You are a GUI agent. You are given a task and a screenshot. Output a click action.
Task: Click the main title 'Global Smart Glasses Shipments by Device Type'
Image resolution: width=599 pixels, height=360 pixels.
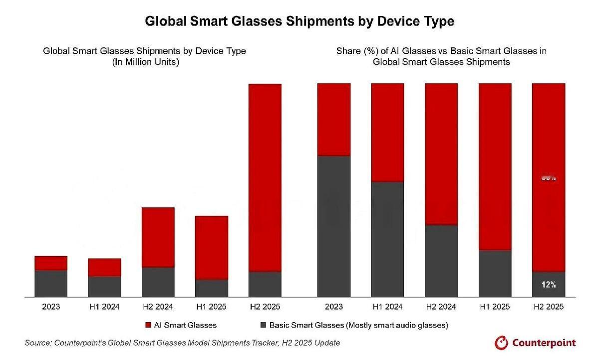299,21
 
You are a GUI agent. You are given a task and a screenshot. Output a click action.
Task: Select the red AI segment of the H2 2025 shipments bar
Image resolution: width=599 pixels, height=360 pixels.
265,177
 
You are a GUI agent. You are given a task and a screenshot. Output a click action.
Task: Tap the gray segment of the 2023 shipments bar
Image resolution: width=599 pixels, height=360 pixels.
51,284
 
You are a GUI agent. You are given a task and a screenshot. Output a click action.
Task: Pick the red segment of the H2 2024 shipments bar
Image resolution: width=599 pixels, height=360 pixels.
158,237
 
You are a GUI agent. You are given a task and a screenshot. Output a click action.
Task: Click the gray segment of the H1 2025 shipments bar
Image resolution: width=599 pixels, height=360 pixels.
211,288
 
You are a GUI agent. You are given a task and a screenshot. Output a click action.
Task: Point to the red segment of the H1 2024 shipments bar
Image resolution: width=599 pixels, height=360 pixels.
104,267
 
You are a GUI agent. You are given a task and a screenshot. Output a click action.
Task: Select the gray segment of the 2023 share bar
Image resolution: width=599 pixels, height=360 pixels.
334,226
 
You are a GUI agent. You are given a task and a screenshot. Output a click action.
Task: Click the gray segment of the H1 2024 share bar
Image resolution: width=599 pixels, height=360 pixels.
387,239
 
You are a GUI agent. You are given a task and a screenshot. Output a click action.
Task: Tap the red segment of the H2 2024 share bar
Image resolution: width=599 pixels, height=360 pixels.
441,154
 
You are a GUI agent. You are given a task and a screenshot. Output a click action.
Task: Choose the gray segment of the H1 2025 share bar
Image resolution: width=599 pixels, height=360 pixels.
495,273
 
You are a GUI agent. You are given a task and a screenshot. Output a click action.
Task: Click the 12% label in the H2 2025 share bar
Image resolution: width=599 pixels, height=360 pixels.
549,285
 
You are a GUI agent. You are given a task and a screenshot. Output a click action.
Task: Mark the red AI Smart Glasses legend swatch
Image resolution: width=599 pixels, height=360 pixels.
148,325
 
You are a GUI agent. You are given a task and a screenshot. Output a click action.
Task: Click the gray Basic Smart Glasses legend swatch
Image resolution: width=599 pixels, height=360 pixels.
263,325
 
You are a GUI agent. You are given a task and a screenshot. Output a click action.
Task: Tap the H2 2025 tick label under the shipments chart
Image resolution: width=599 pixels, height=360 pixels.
265,307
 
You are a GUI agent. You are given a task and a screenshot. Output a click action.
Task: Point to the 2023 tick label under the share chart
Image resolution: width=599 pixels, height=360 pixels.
334,307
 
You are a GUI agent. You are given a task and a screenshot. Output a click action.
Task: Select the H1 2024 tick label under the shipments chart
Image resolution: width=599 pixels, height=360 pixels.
104,307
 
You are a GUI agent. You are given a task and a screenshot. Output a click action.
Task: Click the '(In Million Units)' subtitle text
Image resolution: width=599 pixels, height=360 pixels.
144,62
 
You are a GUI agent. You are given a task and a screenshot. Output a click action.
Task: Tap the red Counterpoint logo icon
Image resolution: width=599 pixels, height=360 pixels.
501,343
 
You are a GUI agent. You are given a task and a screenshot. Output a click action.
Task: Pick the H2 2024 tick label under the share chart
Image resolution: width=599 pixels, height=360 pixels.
441,307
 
